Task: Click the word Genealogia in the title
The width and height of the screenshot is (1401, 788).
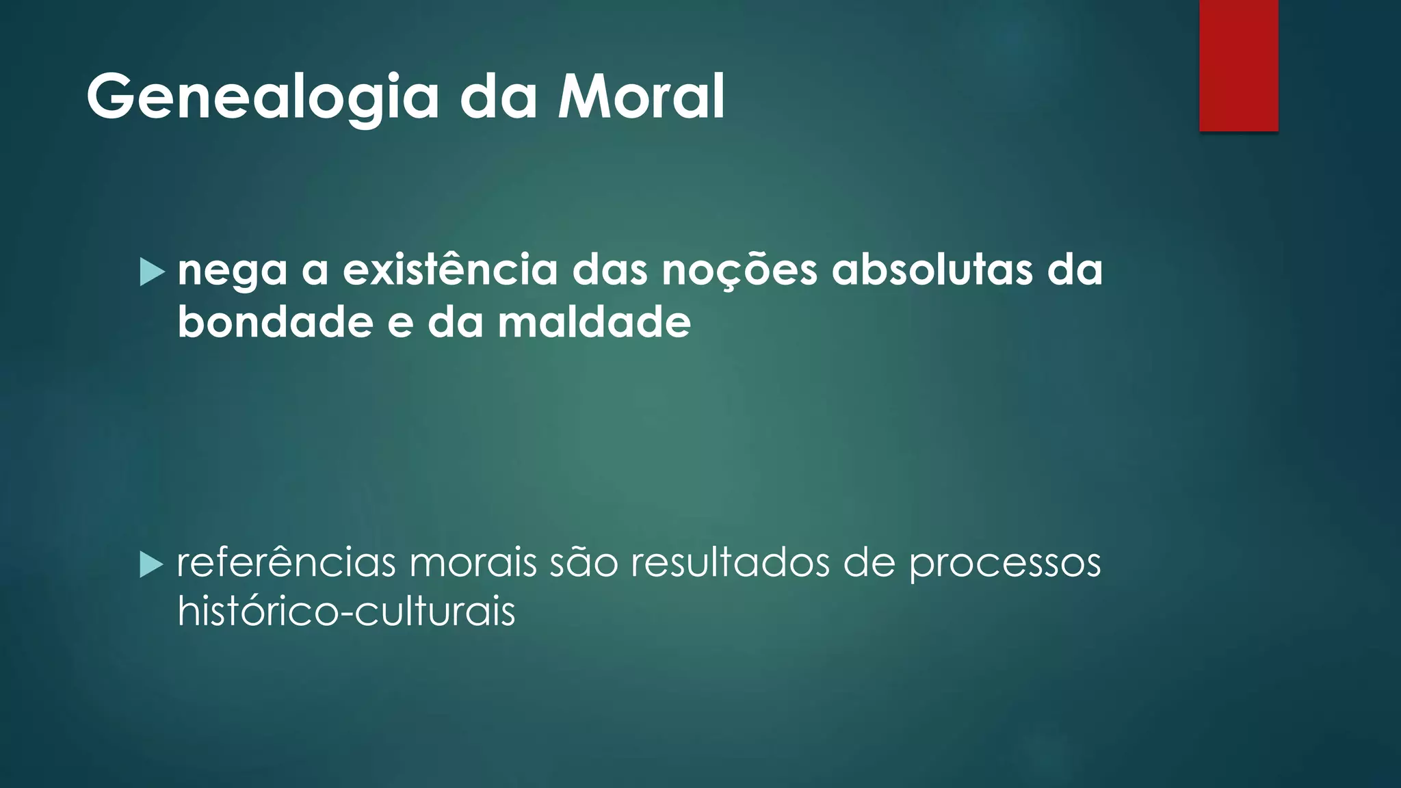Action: pos(263,97)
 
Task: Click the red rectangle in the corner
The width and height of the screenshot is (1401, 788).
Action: pos(1238,65)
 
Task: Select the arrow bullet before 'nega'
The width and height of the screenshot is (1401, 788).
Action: pos(152,272)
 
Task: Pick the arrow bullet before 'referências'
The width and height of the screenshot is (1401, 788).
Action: pos(151,565)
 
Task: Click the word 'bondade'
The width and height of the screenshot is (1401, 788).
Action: pos(275,321)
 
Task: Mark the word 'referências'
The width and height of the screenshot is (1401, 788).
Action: pos(287,563)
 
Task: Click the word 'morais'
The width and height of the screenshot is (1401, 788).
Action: pos(473,563)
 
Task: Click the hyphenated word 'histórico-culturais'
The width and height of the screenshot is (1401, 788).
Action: pos(346,611)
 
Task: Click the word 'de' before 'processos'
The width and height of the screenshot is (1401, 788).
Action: pos(869,563)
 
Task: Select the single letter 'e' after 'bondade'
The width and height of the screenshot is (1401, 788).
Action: pos(400,323)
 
